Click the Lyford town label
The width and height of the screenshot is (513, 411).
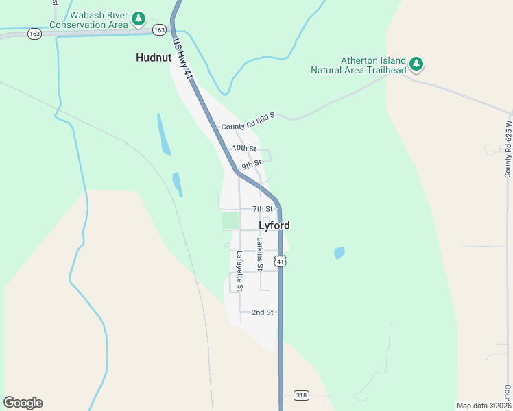point(274,225)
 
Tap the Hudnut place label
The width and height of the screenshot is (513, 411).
point(154,58)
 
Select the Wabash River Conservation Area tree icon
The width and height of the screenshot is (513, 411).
point(139,18)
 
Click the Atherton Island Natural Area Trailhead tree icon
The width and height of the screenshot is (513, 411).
point(416,64)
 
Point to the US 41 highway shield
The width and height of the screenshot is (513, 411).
point(279,260)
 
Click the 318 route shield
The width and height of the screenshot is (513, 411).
point(300,395)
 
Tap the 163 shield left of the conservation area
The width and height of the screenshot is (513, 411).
point(34,32)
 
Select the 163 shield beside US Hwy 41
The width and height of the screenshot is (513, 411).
point(160,29)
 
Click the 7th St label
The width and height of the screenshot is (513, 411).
point(263,209)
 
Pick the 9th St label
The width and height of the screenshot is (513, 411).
point(252,164)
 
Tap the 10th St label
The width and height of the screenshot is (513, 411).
point(244,148)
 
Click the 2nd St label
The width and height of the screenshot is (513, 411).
point(262,312)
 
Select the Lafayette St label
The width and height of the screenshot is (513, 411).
point(240,271)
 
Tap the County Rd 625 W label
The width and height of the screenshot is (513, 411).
point(508,149)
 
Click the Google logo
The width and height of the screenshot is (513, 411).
point(23,403)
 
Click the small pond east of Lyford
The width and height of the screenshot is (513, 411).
point(339,253)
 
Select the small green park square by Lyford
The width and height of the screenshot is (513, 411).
point(230,221)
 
